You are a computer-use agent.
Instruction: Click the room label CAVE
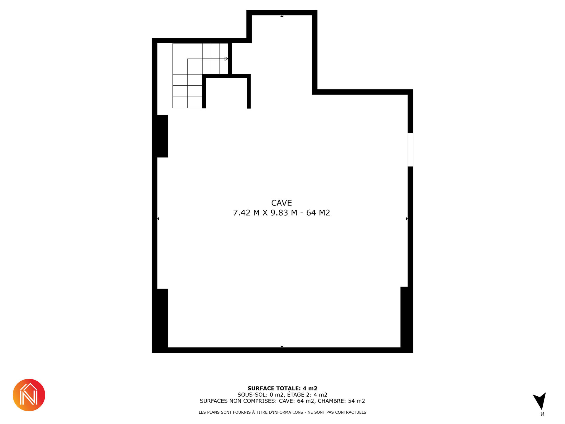[x=281, y=203]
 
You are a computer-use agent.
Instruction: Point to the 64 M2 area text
[x=318, y=213]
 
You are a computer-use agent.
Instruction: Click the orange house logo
[x=29, y=395]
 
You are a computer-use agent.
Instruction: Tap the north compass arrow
[x=540, y=401]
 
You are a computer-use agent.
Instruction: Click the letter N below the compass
[x=542, y=414]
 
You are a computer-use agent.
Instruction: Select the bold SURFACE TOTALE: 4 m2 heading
[x=282, y=388]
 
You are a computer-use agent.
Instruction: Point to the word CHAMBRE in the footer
[x=331, y=401]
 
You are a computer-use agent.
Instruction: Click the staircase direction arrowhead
[x=226, y=59]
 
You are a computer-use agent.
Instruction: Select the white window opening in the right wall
[x=410, y=150]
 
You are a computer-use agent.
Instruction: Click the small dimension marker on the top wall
[x=282, y=16]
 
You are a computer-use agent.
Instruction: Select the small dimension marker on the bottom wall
[x=282, y=347]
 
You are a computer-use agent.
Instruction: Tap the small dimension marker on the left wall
[x=158, y=219]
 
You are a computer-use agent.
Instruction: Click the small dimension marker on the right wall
[x=407, y=219]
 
